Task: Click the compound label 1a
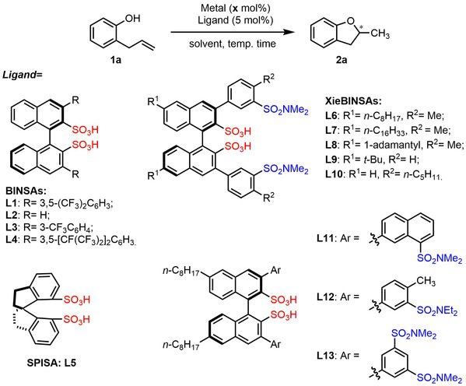(x=116, y=60)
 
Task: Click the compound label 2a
(x=342, y=60)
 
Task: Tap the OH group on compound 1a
(x=132, y=19)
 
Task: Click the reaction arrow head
(x=290, y=32)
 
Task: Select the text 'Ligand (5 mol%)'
(x=236, y=20)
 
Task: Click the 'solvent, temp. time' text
(x=233, y=44)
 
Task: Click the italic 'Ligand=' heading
(x=23, y=75)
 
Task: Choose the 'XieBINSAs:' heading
(x=353, y=101)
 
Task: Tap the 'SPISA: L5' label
(x=51, y=363)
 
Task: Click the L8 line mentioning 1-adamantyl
(x=394, y=145)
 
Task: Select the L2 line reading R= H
(x=28, y=214)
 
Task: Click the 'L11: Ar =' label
(x=338, y=238)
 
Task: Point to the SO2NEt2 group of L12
(x=437, y=311)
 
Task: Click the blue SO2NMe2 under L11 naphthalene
(x=440, y=258)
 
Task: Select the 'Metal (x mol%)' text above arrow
(x=236, y=8)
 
